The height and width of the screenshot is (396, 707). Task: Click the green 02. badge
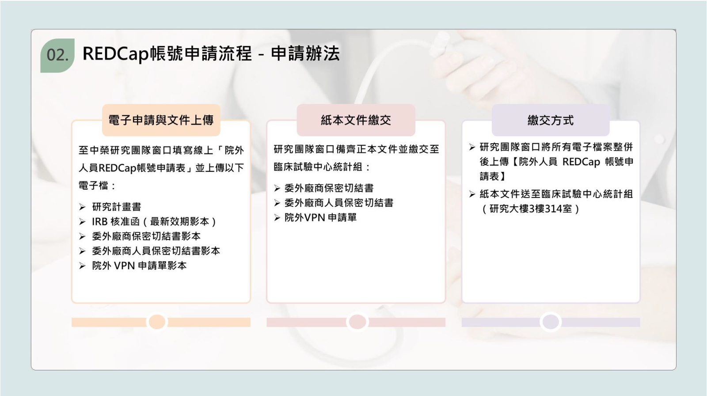coord(57,55)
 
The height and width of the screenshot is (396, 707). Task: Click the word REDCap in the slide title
coord(115,53)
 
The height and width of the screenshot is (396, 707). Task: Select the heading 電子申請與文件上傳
coord(161,120)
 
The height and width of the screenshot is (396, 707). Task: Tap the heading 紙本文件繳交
coord(356,120)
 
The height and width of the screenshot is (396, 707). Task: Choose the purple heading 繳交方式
coord(551,120)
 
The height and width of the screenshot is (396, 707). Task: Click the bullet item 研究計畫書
coord(117,207)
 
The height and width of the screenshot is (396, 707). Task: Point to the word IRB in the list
coord(100,222)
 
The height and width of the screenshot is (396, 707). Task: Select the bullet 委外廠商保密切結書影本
coord(146,236)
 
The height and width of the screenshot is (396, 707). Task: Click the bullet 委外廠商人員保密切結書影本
coord(156,251)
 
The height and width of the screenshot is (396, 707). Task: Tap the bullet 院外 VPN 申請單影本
coord(139,266)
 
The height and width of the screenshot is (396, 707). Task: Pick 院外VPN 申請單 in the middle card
coord(320,217)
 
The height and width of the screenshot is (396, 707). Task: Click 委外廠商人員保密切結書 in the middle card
coord(338,203)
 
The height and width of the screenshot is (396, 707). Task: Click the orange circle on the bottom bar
coord(157,322)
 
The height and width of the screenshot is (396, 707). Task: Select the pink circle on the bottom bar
coord(357,322)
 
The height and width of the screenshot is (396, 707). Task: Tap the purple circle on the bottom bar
coord(551,322)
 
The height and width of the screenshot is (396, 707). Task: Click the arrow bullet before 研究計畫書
coord(82,207)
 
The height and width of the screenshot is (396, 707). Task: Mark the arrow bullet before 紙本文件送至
coord(472,194)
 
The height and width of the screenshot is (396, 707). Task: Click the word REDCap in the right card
coord(581,162)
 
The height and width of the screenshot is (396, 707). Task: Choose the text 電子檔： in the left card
coord(97,185)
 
